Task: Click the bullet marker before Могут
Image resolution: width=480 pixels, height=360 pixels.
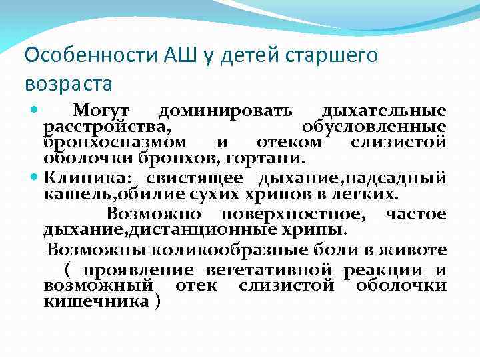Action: click(35, 109)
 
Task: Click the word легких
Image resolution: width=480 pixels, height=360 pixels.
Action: click(367, 194)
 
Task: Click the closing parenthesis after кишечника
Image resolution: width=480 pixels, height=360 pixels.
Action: click(157, 301)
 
